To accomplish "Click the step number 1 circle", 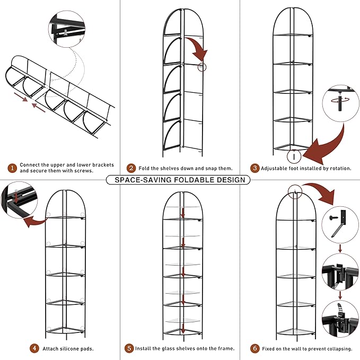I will (x=12, y=168).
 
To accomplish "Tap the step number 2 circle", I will (x=131, y=168).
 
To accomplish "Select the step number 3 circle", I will (x=255, y=168).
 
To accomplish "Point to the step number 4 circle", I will (x=34, y=348).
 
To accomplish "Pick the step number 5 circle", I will (x=129, y=348).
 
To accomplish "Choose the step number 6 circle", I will (x=255, y=348).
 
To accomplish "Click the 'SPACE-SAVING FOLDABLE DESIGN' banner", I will (x=178, y=180).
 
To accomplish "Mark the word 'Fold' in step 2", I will (x=144, y=168).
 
